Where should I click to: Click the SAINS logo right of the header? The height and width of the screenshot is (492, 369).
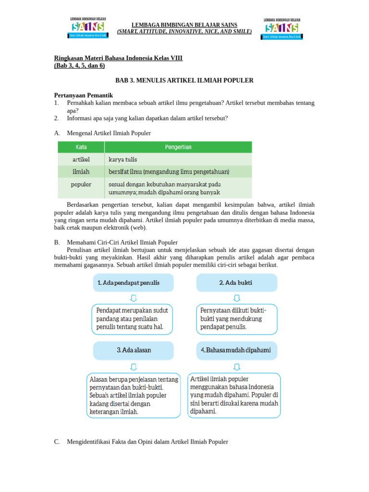point(282,29)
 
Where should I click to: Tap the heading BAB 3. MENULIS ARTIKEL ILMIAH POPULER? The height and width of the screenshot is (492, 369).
point(184,80)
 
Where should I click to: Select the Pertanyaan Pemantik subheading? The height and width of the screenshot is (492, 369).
point(83,96)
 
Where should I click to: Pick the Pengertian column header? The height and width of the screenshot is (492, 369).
point(178,147)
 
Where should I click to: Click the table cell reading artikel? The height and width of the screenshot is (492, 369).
point(81,159)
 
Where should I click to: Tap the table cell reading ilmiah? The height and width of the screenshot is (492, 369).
point(81,172)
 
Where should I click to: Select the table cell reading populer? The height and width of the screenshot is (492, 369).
point(81,184)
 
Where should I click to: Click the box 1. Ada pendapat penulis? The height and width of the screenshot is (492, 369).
point(133,283)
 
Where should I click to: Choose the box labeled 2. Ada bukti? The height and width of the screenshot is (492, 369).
point(236,283)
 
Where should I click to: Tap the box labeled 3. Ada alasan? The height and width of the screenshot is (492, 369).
point(133,350)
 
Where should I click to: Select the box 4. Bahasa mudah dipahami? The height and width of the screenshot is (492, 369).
point(236,350)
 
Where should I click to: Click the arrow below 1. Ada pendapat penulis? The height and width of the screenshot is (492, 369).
point(133,298)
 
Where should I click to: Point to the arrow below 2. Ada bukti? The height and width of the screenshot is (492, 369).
point(236,298)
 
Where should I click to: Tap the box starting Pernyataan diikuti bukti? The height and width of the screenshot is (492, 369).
point(236,319)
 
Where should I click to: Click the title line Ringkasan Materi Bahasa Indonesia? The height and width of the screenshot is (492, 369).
point(118,58)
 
